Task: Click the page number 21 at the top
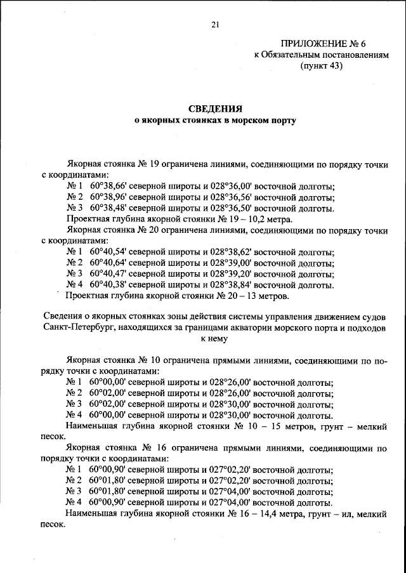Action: click(x=214, y=25)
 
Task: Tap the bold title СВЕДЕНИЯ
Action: click(x=214, y=109)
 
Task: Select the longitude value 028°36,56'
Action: click(x=229, y=197)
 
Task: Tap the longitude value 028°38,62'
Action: click(x=229, y=253)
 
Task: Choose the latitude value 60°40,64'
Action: click(x=110, y=263)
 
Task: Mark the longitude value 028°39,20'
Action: click(x=229, y=274)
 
